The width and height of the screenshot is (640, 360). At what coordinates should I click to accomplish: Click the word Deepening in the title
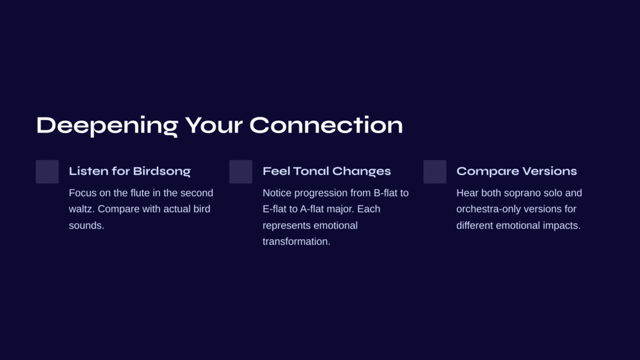[x=107, y=126]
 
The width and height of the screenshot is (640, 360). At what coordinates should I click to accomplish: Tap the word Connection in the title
[x=326, y=125]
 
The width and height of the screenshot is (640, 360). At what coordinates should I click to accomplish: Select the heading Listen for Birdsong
[x=130, y=171]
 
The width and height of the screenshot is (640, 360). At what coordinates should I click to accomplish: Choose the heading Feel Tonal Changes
[x=326, y=171]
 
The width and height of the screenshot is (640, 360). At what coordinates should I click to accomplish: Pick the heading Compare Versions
[x=516, y=171]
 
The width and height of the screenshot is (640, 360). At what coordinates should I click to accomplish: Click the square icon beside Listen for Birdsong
[x=47, y=172]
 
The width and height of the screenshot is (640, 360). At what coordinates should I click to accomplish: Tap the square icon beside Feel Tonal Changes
[x=241, y=172]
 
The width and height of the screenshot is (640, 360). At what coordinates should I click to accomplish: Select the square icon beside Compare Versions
[x=435, y=172]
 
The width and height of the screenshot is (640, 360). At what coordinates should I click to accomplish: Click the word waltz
[x=82, y=209]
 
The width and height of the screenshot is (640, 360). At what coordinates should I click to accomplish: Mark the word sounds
[x=86, y=225]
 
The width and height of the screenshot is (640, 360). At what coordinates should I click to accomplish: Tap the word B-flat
[x=385, y=192]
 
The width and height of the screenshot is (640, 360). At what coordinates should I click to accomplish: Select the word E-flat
[x=275, y=209]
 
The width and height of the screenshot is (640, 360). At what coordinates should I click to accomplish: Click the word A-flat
[x=312, y=209]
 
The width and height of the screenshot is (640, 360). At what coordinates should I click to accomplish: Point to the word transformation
[x=296, y=242]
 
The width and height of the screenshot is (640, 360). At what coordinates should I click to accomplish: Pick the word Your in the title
[x=214, y=125]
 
